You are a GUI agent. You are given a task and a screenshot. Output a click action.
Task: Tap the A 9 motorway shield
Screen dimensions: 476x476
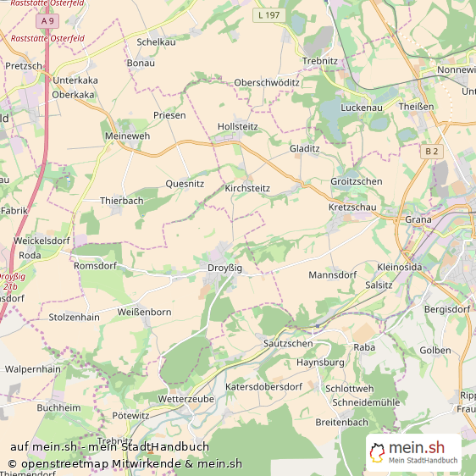pyautogui.click(x=47, y=20)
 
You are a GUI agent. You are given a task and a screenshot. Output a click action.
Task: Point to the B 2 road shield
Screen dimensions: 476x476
pyautogui.click(x=432, y=151)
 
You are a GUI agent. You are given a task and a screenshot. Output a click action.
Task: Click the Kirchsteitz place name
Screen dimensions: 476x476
pyautogui.click(x=247, y=188)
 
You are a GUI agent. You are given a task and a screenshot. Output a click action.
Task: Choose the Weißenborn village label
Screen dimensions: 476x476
pyautogui.click(x=144, y=312)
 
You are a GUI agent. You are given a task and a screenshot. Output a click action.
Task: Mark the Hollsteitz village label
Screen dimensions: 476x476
pyautogui.click(x=237, y=126)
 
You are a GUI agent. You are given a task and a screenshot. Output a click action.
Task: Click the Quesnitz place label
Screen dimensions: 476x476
pyautogui.click(x=185, y=183)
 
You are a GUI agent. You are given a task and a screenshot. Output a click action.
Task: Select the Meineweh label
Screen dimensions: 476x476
pyautogui.click(x=126, y=136)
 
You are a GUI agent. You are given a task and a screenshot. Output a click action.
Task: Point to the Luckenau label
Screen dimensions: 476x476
pyautogui.click(x=363, y=108)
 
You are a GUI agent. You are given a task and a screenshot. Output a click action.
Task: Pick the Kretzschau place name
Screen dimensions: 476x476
pyautogui.click(x=354, y=208)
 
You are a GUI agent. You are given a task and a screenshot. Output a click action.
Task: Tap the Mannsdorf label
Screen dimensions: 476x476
pyautogui.click(x=333, y=275)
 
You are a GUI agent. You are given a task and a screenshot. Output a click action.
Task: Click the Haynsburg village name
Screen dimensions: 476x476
pyautogui.click(x=320, y=362)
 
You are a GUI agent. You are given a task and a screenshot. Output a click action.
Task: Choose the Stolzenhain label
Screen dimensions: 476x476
pyautogui.click(x=74, y=318)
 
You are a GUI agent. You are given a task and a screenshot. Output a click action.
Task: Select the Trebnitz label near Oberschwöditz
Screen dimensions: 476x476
pyautogui.click(x=320, y=61)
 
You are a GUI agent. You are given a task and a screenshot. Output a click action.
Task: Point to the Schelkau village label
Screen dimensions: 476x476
pyautogui.click(x=156, y=42)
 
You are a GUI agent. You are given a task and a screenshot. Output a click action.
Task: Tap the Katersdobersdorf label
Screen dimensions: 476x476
pyautogui.click(x=263, y=386)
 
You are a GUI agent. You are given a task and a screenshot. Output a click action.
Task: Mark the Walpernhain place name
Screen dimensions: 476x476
pyautogui.click(x=33, y=369)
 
